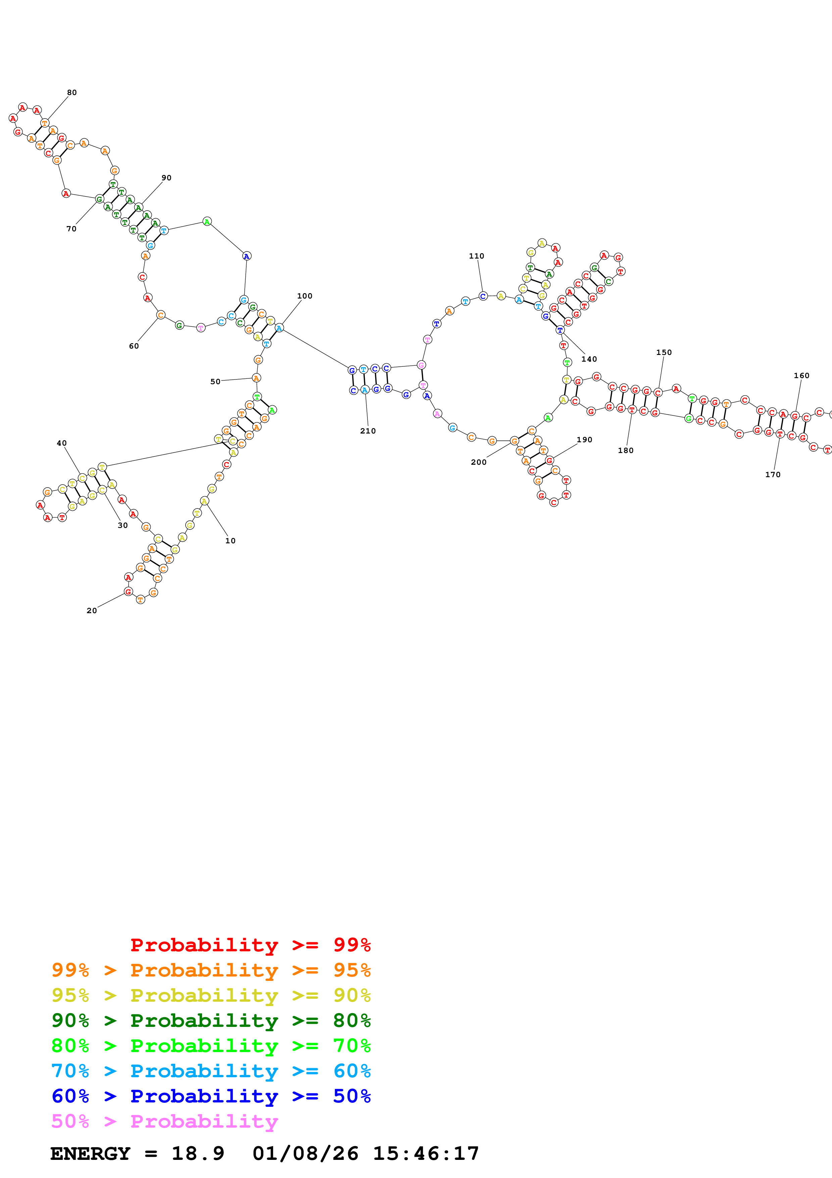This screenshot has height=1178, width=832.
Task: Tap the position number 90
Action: pos(166,178)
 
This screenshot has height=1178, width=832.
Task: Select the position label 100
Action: pos(304,296)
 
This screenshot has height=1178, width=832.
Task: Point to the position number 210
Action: pos(368,431)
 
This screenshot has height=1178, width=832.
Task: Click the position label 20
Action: pos(92,610)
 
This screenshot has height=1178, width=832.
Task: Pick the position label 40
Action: pos(61,443)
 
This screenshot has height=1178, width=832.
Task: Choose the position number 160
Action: pos(801,375)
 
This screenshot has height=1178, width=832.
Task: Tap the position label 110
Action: pos(476,256)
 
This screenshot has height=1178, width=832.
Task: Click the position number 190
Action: pos(584,440)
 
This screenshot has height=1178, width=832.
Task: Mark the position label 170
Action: pos(773,474)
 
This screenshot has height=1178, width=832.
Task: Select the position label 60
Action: pos(134,346)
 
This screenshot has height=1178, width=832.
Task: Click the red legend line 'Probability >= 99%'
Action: pos(250,945)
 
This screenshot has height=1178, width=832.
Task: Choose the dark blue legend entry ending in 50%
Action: pos(211,1096)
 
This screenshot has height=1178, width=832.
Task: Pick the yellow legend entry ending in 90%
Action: pos(211,995)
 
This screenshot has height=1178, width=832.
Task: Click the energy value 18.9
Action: pos(198,1153)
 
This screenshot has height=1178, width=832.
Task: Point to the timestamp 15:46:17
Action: pos(426,1153)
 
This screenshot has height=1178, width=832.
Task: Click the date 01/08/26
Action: pos(305,1153)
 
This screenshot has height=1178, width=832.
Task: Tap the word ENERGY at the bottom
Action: pos(90,1153)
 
